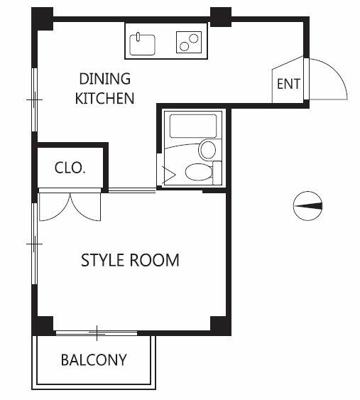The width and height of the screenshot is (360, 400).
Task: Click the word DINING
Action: point(104,79)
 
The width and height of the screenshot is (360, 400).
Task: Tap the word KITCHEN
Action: point(104,98)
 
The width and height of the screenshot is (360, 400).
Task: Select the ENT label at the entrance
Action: point(288,84)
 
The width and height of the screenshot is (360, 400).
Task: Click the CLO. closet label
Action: point(70,168)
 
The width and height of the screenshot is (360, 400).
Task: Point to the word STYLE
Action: point(104,261)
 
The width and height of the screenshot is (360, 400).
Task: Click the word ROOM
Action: point(155,261)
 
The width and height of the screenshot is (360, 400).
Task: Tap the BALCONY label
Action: point(93,360)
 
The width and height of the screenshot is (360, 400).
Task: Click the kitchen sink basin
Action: point(143,43)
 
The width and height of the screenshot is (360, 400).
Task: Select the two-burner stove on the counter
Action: point(189,43)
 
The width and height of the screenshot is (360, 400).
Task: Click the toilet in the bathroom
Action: point(198,171)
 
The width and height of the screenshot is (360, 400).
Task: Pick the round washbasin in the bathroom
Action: point(208,149)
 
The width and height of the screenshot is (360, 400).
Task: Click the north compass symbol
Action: point(308,205)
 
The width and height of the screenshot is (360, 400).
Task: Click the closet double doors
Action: point(70,205)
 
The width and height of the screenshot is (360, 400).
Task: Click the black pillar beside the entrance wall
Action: point(221,16)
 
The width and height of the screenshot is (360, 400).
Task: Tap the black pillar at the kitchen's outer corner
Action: point(43,16)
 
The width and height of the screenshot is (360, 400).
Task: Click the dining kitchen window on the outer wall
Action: point(33,99)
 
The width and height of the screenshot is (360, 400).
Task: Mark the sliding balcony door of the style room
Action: point(97,332)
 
